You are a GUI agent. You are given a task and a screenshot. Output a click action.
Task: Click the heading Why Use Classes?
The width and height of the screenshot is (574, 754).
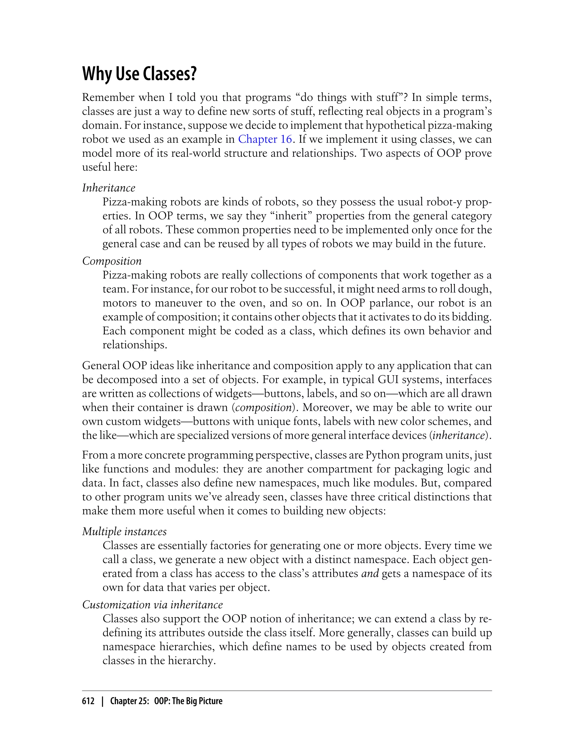139,73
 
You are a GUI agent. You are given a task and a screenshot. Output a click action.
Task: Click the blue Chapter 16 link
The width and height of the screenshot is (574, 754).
265,139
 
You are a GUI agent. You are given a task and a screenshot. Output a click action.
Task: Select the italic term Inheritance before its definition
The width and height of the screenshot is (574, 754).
109,188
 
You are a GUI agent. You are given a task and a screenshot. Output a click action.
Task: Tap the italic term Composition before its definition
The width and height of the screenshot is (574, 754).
112,261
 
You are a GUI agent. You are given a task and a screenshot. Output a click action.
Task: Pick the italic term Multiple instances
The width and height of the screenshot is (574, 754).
124,531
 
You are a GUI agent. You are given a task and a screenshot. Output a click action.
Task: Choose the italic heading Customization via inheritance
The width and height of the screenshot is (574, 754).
152,604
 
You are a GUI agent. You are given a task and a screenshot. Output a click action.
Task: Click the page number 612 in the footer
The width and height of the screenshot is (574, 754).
88,701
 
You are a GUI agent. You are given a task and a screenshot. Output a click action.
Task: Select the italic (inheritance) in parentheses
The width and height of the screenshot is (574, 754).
459,435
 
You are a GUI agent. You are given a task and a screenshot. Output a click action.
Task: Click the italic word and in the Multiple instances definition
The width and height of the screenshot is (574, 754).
370,573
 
